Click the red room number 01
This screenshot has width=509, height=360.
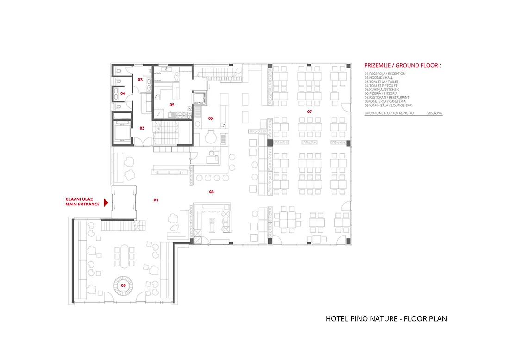point(156,200)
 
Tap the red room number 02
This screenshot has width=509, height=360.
point(142,128)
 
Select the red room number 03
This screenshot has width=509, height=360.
point(140,80)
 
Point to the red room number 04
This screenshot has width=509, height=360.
point(123,93)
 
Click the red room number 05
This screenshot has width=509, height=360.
point(172,105)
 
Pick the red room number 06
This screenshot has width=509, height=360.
point(211,118)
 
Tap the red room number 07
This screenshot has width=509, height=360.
point(310,112)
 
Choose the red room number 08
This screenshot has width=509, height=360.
point(211,192)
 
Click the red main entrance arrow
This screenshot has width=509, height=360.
point(106,203)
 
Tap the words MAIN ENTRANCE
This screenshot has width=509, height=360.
point(82,204)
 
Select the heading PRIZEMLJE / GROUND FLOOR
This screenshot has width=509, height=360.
point(402,65)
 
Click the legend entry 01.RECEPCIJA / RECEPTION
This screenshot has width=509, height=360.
point(385,74)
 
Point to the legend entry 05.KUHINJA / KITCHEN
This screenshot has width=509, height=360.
point(381,90)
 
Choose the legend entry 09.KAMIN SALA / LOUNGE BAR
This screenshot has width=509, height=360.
point(388,106)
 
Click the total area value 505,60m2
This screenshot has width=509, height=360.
point(435,113)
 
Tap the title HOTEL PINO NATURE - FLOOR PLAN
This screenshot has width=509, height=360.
point(386,319)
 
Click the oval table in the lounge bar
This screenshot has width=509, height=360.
point(124,256)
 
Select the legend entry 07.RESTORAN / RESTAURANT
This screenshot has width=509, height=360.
point(387,97)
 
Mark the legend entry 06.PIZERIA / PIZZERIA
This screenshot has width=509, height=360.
point(381,93)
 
